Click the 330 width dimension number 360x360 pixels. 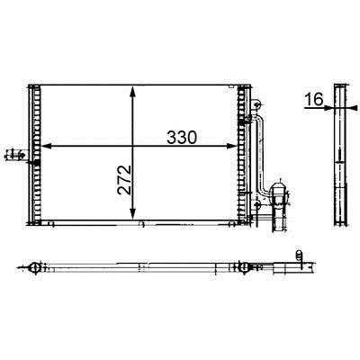coord(182,138)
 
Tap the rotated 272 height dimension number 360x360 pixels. coord(124,180)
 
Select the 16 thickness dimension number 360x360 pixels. coord(313,99)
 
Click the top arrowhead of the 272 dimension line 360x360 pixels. coord(133,92)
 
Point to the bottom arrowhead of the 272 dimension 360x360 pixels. coord(133,213)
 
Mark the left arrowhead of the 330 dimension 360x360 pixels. coord(46,146)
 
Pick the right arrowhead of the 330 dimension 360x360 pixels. coord(231,146)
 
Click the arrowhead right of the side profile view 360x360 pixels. coord(353,107)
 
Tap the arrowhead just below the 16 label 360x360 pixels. coord(328,107)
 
